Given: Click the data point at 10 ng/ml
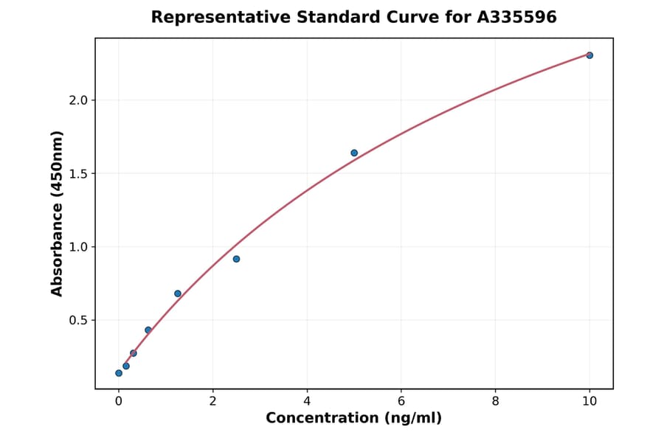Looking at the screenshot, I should point(589,55).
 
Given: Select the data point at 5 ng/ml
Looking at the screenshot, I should point(354,153).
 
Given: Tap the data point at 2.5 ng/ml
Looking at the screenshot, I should point(236,259).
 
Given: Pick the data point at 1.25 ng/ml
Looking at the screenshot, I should point(178,293).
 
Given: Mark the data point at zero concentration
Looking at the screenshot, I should point(119,373).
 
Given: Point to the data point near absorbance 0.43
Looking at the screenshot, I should point(148,330).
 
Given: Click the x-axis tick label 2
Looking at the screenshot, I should point(212,401).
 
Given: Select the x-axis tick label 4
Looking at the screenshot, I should point(307,401).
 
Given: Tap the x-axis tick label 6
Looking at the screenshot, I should point(401,401).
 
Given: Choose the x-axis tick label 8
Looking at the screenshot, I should point(495,401).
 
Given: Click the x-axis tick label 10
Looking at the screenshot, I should point(589,401).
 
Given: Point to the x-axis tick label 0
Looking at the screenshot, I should point(119,401).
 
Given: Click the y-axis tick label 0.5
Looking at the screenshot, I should point(78,321).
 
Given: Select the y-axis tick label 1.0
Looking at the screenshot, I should point(78,247).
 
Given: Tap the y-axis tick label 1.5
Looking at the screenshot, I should point(78,174).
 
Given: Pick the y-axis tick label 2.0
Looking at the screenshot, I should point(78,100).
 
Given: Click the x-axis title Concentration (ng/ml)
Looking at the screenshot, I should point(354,418).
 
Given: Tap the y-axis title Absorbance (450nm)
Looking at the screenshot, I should point(58,214).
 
